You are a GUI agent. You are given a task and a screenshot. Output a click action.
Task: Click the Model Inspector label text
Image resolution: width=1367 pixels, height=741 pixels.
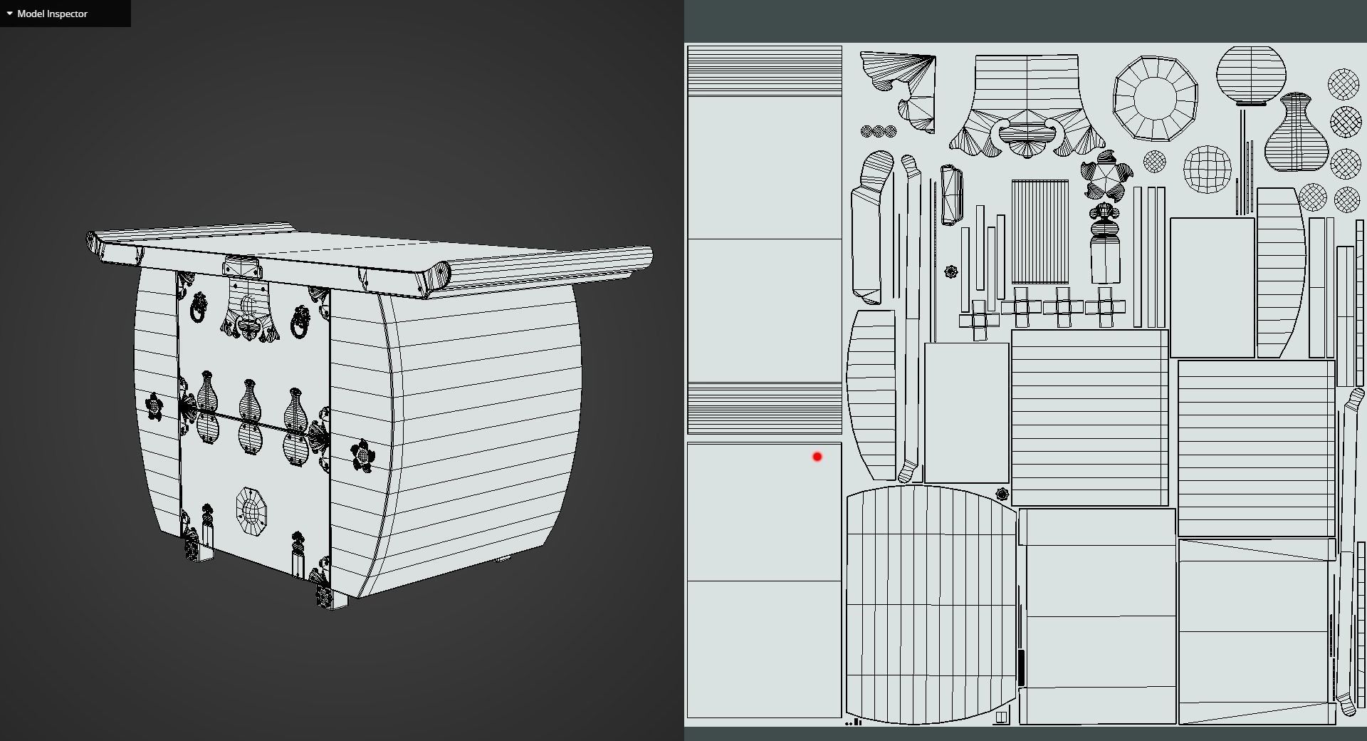(x=52, y=14)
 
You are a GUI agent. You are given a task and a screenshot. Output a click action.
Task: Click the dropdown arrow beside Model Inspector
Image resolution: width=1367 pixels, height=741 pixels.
(x=9, y=14)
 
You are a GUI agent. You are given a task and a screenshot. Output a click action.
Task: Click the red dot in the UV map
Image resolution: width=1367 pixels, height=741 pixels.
(x=817, y=457)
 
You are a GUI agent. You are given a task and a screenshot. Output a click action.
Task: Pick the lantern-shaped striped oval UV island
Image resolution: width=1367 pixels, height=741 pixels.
(x=1251, y=75)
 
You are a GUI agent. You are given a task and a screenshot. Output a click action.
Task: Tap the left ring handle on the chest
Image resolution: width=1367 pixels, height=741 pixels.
(x=199, y=308)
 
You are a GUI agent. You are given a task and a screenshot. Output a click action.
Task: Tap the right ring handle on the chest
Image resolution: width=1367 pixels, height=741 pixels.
(x=300, y=322)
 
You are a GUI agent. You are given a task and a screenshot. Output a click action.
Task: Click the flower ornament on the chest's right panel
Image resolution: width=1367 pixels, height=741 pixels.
(x=362, y=455)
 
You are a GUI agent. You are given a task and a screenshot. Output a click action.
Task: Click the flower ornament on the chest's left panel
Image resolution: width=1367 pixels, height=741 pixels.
(x=154, y=406)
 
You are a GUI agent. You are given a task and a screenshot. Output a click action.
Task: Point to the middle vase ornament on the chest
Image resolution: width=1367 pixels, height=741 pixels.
(x=249, y=417)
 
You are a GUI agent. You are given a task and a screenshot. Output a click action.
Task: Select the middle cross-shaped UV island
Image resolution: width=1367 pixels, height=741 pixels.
(x=1063, y=307)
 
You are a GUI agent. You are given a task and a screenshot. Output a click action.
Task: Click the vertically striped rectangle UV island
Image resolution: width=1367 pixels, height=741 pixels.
(x=1039, y=232)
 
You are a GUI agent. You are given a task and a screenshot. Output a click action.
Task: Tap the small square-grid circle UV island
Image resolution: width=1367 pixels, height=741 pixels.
(x=1207, y=169)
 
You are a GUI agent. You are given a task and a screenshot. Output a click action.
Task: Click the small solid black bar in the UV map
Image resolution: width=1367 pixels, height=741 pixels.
(x=1020, y=668)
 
